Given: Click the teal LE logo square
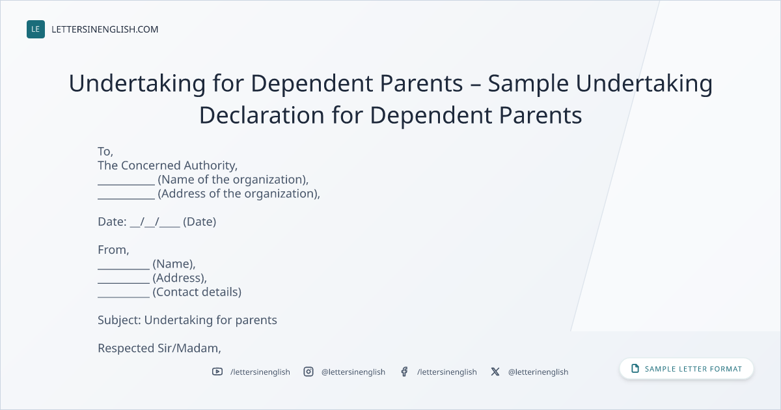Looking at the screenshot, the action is point(36,29).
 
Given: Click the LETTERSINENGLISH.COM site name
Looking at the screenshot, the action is point(105,29).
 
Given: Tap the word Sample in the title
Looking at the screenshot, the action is point(528,85).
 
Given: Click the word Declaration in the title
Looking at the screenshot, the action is point(262,115).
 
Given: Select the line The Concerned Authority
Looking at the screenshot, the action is point(167,165).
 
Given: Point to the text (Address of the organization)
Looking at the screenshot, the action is point(238,194).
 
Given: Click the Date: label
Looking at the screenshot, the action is point(112,222).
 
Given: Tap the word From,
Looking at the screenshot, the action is point(113,250).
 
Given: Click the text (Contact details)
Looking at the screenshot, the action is point(197,292).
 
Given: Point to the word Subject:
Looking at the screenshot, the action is point(119,320).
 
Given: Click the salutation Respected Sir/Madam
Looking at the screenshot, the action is point(159,348).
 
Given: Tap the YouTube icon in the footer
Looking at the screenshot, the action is point(217,372).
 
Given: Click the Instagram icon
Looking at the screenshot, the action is point(308,372).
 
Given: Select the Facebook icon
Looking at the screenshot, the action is point(404,372).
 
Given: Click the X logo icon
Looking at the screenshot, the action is point(495,372).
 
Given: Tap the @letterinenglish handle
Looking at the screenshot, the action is point(538,372).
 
